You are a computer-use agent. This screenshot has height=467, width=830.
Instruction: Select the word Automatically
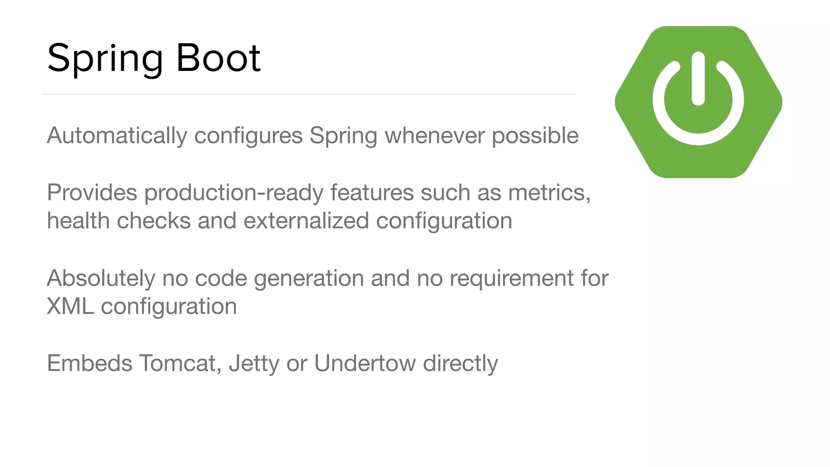(117, 136)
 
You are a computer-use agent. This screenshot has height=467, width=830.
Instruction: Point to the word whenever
(434, 135)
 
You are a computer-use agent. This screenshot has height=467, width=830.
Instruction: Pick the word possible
(535, 136)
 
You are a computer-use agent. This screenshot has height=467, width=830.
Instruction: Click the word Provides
(92, 193)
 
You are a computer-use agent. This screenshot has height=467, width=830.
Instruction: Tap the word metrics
(549, 193)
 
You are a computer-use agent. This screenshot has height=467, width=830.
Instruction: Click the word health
(78, 221)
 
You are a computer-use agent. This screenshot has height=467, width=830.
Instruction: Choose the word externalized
(306, 221)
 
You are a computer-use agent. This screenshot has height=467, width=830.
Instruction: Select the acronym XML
(70, 306)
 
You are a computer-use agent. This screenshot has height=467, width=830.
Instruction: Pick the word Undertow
(365, 363)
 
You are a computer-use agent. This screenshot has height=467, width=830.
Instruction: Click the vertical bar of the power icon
(698, 79)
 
